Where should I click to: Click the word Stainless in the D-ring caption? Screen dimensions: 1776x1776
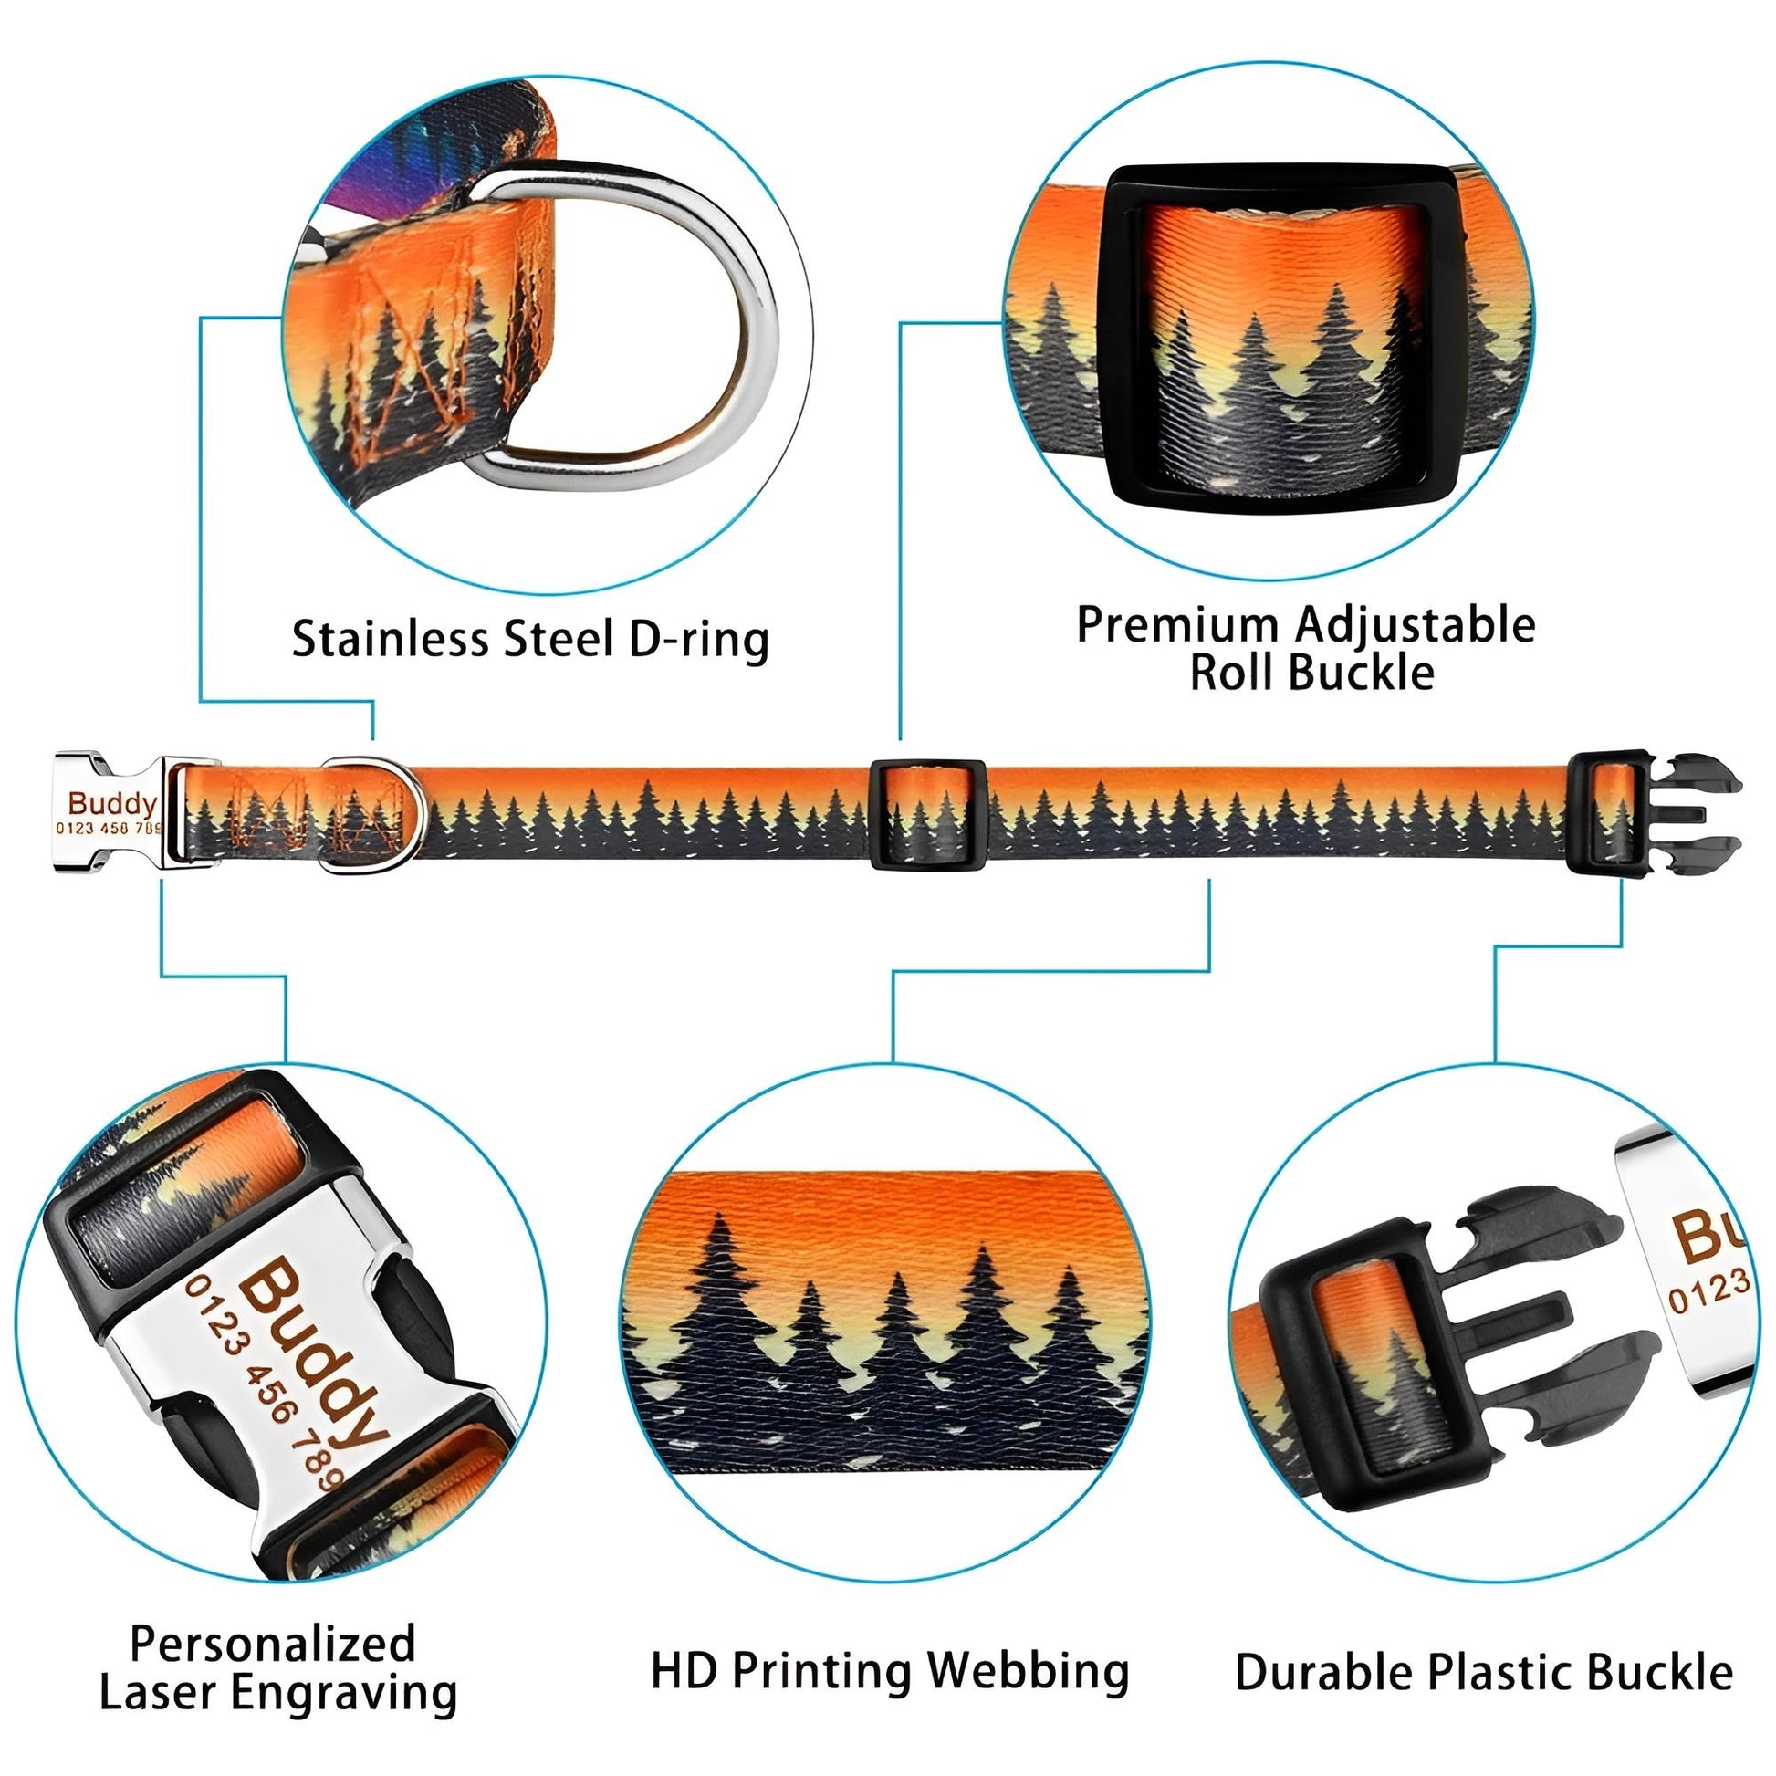[x=392, y=638]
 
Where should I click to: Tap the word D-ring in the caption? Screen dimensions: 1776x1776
[x=699, y=640]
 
